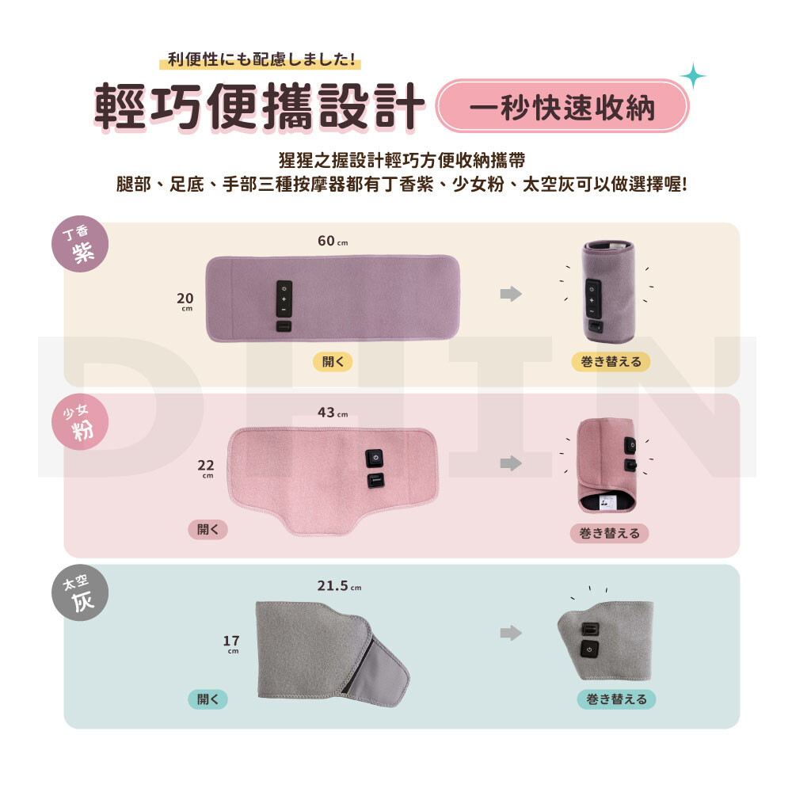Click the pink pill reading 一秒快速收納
coord(562,106)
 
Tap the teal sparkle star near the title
coord(693,76)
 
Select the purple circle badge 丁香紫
coord(80,244)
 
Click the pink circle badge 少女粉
coord(80,422)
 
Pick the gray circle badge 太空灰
coord(80,592)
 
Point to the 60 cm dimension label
coord(333,241)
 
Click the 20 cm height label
coord(185,302)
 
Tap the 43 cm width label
coord(333,413)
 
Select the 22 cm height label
coord(206,469)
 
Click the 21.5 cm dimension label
coord(340,586)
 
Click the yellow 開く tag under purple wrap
coord(333,362)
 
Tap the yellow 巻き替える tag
coord(611,362)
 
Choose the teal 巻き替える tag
coord(616,699)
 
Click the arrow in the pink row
coord(511,463)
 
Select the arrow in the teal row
coord(511,633)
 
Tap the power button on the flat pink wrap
coord(375,458)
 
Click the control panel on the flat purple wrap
coord(284,299)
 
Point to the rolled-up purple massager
coord(608,292)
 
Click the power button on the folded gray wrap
coord(589,649)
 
